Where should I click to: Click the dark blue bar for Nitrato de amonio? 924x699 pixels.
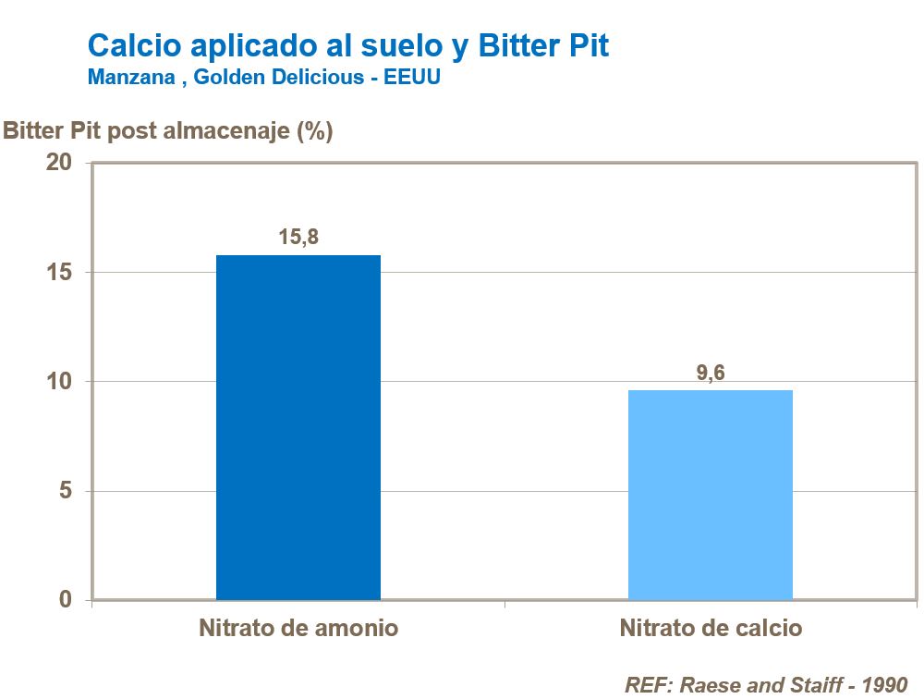coord(298,427)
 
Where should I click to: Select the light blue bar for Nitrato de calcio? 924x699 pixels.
coord(710,495)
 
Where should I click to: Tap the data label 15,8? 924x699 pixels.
coord(298,237)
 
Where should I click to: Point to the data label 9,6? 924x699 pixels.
coord(710,373)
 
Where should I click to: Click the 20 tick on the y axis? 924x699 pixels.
coord(59,163)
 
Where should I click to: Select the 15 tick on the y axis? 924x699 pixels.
coord(59,273)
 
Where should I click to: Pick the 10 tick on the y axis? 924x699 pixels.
coord(59,382)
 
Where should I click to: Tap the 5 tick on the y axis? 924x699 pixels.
coord(65,491)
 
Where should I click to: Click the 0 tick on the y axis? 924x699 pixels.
coord(65,600)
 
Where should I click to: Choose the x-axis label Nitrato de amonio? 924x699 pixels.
coord(298,629)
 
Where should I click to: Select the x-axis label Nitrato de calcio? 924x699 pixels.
coord(711,629)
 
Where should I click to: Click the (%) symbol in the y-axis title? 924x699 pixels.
coord(314,131)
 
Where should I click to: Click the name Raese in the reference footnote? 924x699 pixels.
coord(711,685)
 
